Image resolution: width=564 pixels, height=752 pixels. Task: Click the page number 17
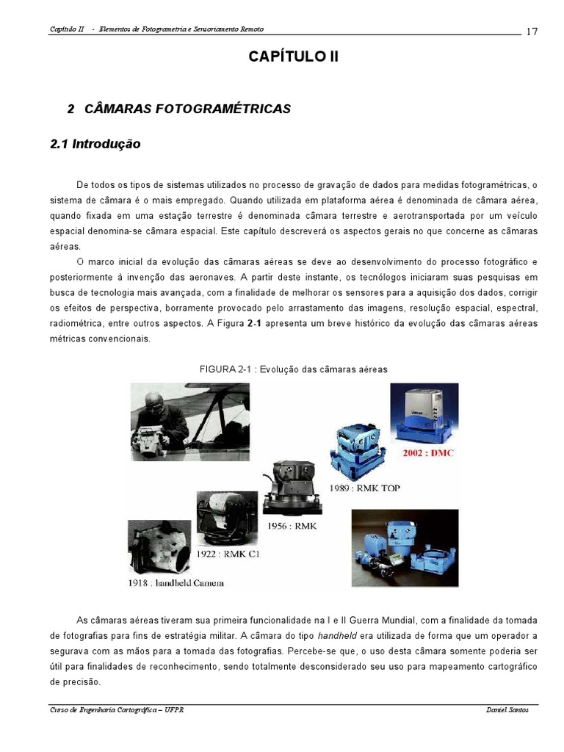point(532,32)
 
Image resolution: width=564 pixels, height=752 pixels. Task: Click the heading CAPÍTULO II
point(294,56)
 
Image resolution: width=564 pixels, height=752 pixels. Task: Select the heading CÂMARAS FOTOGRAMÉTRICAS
point(187,109)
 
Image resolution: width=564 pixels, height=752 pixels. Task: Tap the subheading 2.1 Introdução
point(95,144)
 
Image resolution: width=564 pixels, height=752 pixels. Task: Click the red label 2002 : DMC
point(428,452)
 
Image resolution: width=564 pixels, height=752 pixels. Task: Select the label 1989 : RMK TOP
point(364,488)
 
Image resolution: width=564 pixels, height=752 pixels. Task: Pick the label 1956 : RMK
point(292,526)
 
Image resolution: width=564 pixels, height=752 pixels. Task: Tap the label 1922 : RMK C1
point(228,554)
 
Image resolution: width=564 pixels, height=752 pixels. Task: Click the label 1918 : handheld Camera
point(176,583)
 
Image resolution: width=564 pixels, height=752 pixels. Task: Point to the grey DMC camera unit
point(424,415)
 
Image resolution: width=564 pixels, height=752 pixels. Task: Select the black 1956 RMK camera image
point(292,488)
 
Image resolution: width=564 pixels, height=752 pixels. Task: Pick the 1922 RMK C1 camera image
point(227,519)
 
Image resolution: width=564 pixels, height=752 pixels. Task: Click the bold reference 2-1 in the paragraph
point(254,323)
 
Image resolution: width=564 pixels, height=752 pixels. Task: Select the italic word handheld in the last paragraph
point(337,636)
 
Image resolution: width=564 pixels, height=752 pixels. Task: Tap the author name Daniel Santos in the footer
point(507,710)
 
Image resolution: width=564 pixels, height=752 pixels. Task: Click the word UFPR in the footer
point(174,710)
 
